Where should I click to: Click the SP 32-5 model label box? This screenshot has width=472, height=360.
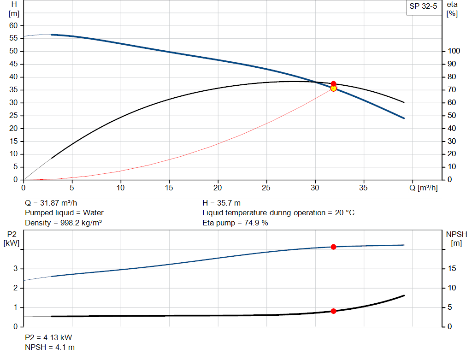tap(423, 7)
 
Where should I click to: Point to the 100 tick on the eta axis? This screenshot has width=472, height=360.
tap(454, 51)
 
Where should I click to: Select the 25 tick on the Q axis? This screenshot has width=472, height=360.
tap(266, 188)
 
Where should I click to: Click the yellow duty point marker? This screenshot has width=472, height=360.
tap(333, 88)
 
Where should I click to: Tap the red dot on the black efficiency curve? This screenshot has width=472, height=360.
tap(333, 83)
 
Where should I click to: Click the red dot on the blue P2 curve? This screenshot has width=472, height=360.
tap(333, 247)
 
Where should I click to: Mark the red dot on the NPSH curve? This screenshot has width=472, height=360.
tap(333, 311)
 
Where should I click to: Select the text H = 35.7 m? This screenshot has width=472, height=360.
tap(221, 203)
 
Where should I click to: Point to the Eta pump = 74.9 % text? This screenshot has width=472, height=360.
tap(235, 223)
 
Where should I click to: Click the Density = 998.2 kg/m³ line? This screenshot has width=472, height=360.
tap(63, 223)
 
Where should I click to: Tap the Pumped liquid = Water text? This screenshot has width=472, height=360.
tap(64, 213)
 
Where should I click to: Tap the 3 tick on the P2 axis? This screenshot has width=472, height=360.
tap(16, 268)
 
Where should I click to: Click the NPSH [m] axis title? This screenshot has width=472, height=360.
tap(456, 238)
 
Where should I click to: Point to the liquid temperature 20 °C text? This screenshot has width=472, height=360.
tap(278, 213)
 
